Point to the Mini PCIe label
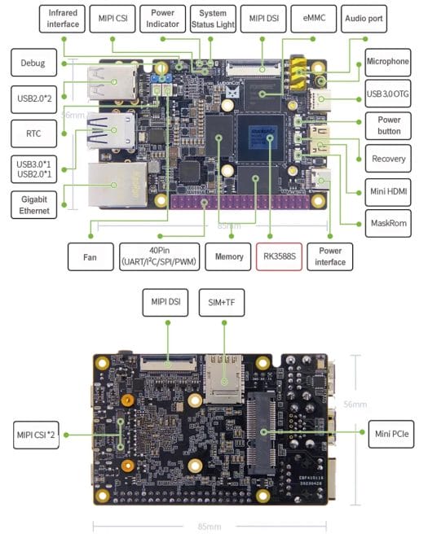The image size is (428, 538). pyautogui.click(x=388, y=431)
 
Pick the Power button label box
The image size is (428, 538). pyautogui.click(x=388, y=124)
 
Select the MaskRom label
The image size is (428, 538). pyautogui.click(x=388, y=221)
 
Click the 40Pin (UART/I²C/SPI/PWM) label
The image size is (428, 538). pyautogui.click(x=159, y=256)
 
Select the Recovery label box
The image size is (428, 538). pyautogui.click(x=388, y=158)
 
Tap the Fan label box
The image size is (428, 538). pyautogui.click(x=90, y=256)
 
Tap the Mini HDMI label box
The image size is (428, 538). pyautogui.click(x=388, y=190)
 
